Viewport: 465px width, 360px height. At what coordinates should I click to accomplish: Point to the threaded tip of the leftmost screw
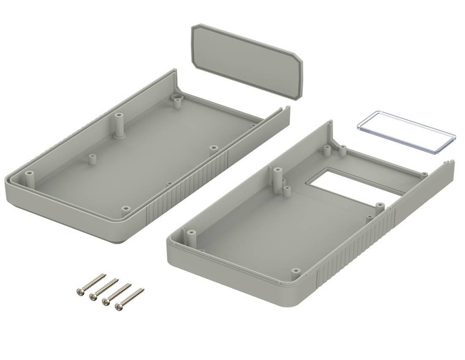click(x=103, y=275)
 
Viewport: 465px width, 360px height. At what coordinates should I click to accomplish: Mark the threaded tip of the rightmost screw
click(x=141, y=290)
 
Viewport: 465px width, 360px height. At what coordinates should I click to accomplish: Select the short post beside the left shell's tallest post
click(x=91, y=159)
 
